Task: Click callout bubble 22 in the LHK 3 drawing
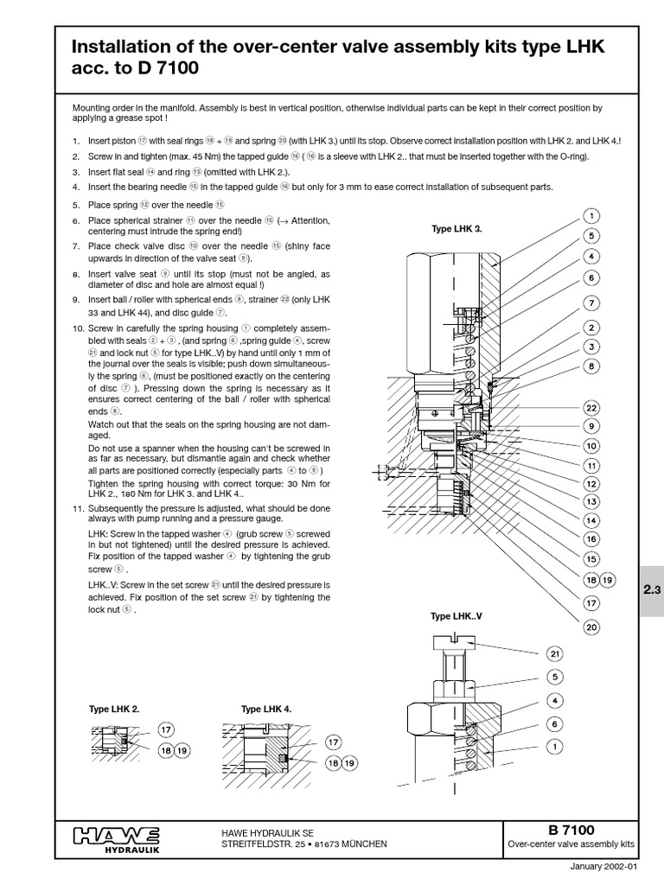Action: click(x=591, y=408)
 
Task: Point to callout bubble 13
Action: click(x=591, y=501)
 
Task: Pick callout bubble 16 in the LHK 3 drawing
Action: click(x=591, y=538)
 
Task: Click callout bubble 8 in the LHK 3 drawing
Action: click(x=591, y=366)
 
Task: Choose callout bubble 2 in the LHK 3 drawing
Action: click(x=591, y=328)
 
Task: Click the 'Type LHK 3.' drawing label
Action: click(x=456, y=229)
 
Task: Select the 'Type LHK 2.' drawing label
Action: click(x=113, y=709)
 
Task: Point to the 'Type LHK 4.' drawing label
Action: click(x=266, y=709)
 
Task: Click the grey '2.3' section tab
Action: click(x=651, y=591)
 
